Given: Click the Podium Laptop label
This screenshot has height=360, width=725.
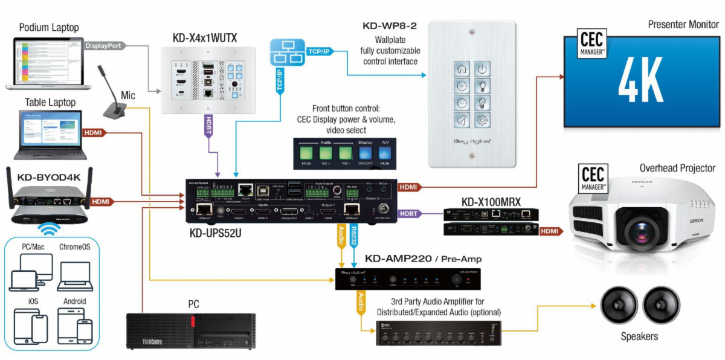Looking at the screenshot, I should pos(49,28).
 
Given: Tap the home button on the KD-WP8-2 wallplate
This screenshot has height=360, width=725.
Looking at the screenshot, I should pos(462,70).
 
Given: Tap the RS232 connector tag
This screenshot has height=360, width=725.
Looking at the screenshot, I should pos(354,235).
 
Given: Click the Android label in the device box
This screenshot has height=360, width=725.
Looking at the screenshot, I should pos(74,301).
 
